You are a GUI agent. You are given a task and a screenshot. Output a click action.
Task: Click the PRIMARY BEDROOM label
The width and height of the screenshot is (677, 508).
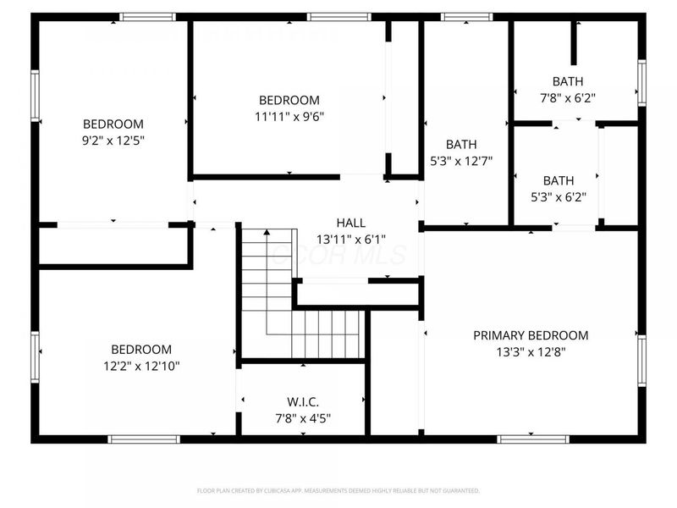click(531, 335)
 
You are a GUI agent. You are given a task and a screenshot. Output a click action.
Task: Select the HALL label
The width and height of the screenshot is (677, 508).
click(350, 223)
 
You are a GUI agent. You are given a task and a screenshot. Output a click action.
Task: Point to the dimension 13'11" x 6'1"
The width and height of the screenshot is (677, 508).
click(350, 239)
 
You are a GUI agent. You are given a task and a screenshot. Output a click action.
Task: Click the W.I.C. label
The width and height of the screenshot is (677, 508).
click(303, 400)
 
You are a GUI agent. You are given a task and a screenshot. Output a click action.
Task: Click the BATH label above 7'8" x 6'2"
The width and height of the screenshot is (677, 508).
click(567, 81)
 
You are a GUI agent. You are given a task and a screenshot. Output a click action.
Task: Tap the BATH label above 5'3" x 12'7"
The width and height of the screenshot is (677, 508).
click(461, 145)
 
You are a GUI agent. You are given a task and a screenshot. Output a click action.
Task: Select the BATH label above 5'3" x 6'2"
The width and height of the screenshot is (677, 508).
click(559, 180)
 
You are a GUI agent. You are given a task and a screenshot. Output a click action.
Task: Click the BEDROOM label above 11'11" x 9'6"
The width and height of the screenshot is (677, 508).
click(289, 100)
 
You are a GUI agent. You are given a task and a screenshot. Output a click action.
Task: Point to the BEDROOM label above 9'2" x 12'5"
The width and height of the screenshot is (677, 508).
click(113, 124)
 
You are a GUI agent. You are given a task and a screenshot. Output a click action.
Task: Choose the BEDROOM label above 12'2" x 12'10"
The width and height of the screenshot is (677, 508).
click(141, 350)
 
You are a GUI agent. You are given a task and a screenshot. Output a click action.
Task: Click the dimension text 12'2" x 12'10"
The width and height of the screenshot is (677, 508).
click(141, 366)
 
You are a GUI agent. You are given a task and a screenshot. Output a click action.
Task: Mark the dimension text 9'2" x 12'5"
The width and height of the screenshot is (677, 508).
click(113, 140)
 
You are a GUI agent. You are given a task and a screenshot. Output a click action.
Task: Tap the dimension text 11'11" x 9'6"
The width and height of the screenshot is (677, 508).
click(289, 116)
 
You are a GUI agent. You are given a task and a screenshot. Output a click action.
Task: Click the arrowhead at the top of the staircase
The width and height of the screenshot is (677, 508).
click(267, 231)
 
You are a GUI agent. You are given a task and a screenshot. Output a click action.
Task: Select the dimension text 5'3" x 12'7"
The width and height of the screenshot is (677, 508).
click(461, 161)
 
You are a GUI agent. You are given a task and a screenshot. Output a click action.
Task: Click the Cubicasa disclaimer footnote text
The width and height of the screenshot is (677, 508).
click(338, 490)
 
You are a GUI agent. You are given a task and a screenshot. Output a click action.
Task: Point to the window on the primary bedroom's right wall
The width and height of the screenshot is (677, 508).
click(641, 361)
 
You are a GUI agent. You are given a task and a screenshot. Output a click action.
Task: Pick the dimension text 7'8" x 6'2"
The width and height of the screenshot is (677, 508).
click(567, 97)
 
